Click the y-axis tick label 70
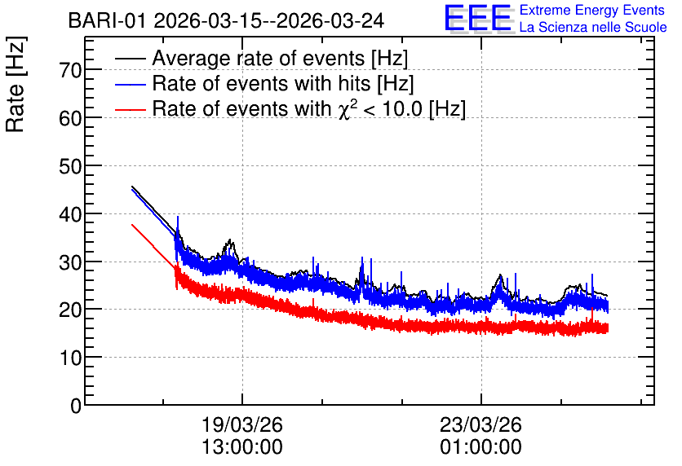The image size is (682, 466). (x=70, y=70)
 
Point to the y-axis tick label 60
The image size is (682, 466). (x=70, y=118)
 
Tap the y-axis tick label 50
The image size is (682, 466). (x=70, y=166)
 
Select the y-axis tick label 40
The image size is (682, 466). (x=70, y=214)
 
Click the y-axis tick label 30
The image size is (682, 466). (x=70, y=262)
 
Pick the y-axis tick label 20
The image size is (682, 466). (x=70, y=310)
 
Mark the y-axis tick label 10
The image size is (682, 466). (x=70, y=358)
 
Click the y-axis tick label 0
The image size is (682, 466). (x=76, y=406)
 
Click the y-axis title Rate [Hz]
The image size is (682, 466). (x=15, y=84)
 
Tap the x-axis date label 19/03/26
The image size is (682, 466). (x=242, y=424)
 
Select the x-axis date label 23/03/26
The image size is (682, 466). (x=481, y=424)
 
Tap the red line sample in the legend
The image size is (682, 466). (x=130, y=110)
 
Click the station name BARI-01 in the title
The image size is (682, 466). (x=107, y=21)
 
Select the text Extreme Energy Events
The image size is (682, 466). (x=592, y=10)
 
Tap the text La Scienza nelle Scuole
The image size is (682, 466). (x=593, y=28)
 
